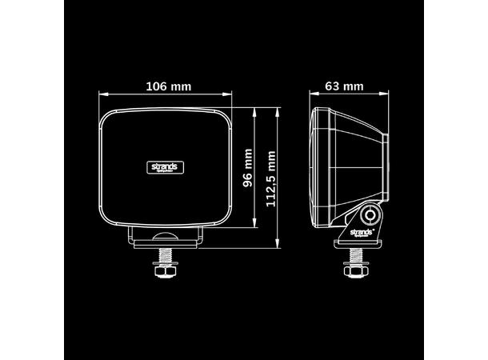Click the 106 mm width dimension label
(x=167, y=86)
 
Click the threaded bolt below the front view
(x=167, y=254)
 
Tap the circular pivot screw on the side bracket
(x=370, y=215)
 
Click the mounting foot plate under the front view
(x=167, y=238)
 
